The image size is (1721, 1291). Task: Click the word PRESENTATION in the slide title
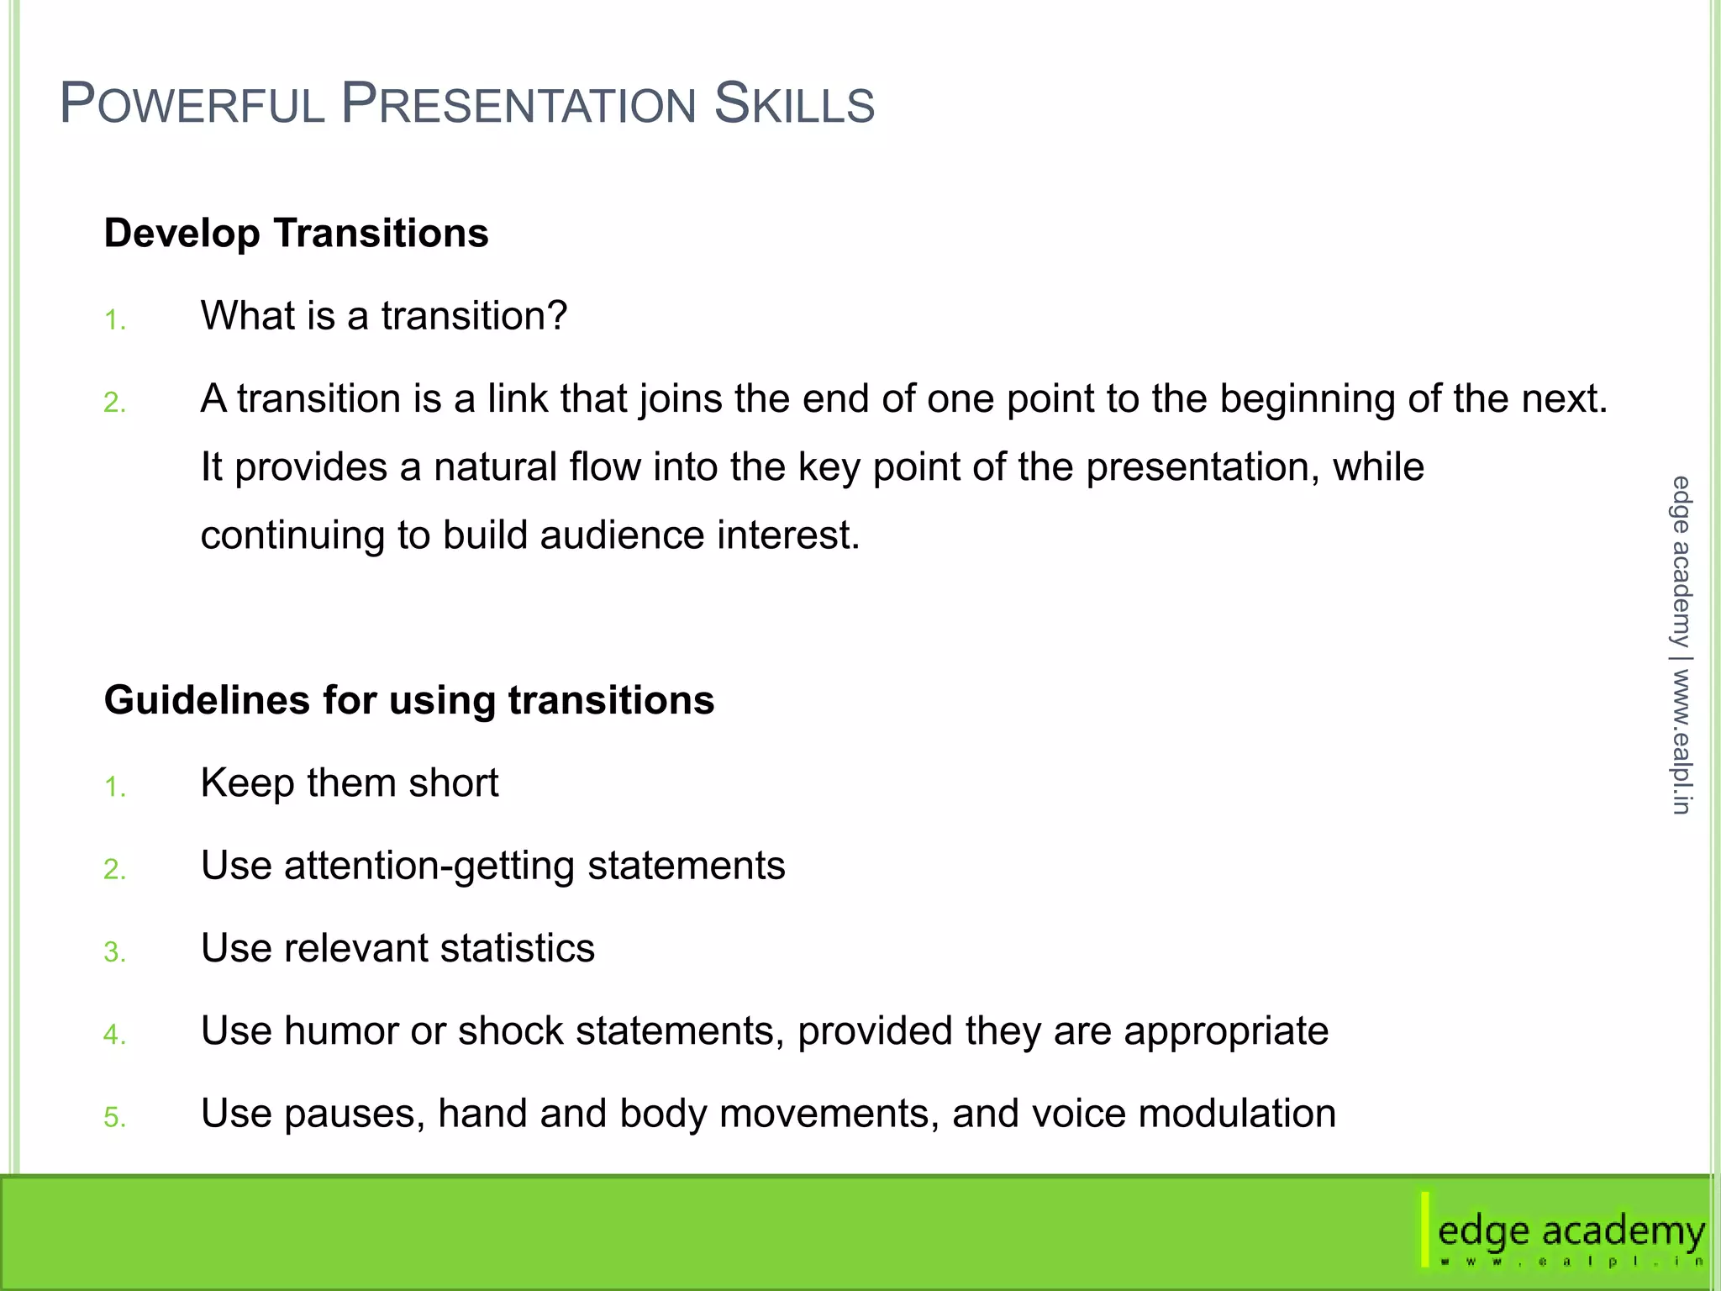tap(518, 104)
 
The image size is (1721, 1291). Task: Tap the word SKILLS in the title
tap(793, 104)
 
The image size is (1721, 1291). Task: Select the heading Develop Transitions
tap(296, 233)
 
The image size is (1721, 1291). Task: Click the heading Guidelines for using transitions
tap(408, 700)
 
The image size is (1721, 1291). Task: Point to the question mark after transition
tap(558, 316)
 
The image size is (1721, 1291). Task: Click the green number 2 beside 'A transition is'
tap(113, 403)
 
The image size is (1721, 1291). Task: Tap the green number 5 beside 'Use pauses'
tap(113, 1118)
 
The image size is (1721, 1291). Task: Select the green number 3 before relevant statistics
tap(113, 952)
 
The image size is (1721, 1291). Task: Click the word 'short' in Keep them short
tap(453, 783)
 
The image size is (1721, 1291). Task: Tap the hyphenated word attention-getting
tap(429, 867)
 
